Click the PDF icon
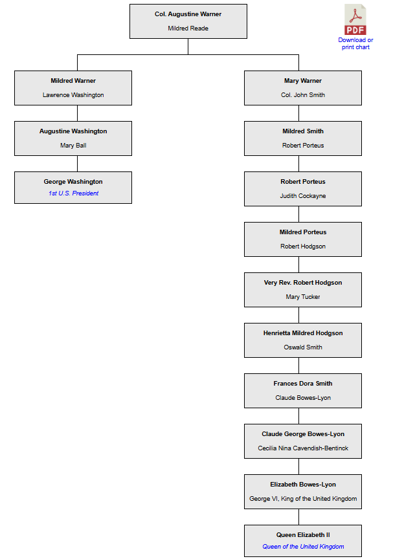click(x=355, y=19)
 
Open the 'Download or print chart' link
click(x=355, y=43)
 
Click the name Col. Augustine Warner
click(x=188, y=14)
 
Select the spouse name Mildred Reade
click(x=188, y=28)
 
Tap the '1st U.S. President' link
click(x=73, y=193)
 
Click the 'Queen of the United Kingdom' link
click(x=303, y=547)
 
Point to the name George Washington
click(x=73, y=181)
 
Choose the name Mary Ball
click(x=73, y=146)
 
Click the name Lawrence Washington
click(x=73, y=95)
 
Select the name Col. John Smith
click(x=303, y=95)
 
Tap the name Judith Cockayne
click(x=303, y=196)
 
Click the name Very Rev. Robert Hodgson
click(x=303, y=282)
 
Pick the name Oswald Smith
click(x=303, y=347)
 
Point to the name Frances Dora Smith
click(x=303, y=383)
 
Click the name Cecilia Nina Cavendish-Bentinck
click(x=303, y=448)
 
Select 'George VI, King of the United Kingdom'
click(x=303, y=499)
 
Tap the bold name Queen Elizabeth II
click(x=303, y=535)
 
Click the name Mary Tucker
click(x=303, y=296)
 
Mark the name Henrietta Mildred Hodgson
click(x=303, y=333)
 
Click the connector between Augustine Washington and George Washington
click(x=78, y=164)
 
